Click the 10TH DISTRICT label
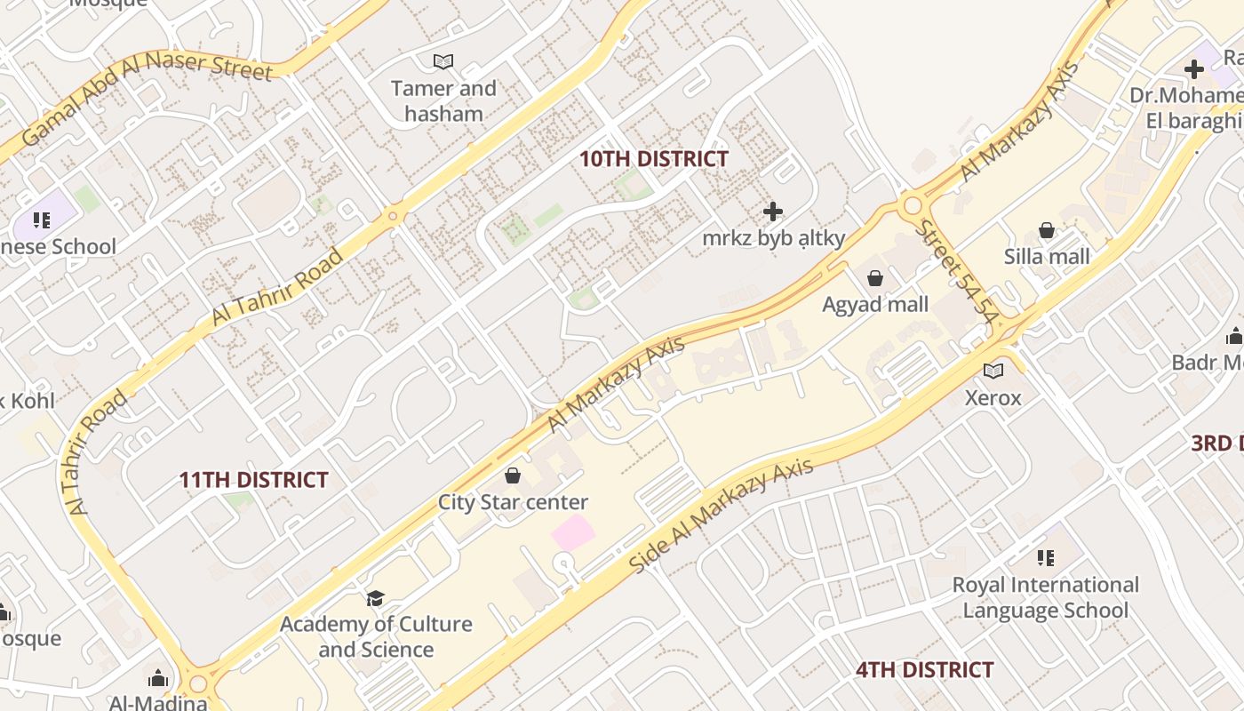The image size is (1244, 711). pyautogui.click(x=653, y=159)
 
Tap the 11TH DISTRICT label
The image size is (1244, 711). pyautogui.click(x=253, y=480)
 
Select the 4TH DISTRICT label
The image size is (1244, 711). pyautogui.click(x=924, y=669)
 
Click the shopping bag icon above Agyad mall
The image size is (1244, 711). pyautogui.click(x=875, y=279)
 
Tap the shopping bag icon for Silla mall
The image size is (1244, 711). pyautogui.click(x=1047, y=231)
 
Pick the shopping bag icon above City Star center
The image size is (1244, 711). pyautogui.click(x=512, y=475)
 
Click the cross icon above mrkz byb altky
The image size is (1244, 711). pyautogui.click(x=773, y=212)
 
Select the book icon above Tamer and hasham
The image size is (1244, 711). pyautogui.click(x=443, y=61)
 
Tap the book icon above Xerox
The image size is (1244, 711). pyautogui.click(x=993, y=371)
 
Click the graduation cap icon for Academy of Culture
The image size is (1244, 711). pyautogui.click(x=375, y=598)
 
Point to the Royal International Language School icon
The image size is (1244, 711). pyautogui.click(x=1045, y=558)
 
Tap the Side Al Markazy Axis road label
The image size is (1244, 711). pyautogui.click(x=721, y=515)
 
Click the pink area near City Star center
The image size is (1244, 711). pyautogui.click(x=572, y=532)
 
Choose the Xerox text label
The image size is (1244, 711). pyautogui.click(x=993, y=397)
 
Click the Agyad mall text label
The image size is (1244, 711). pyautogui.click(x=875, y=305)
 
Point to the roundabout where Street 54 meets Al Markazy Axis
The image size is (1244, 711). pyautogui.click(x=912, y=206)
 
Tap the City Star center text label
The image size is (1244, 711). pyautogui.click(x=513, y=502)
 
